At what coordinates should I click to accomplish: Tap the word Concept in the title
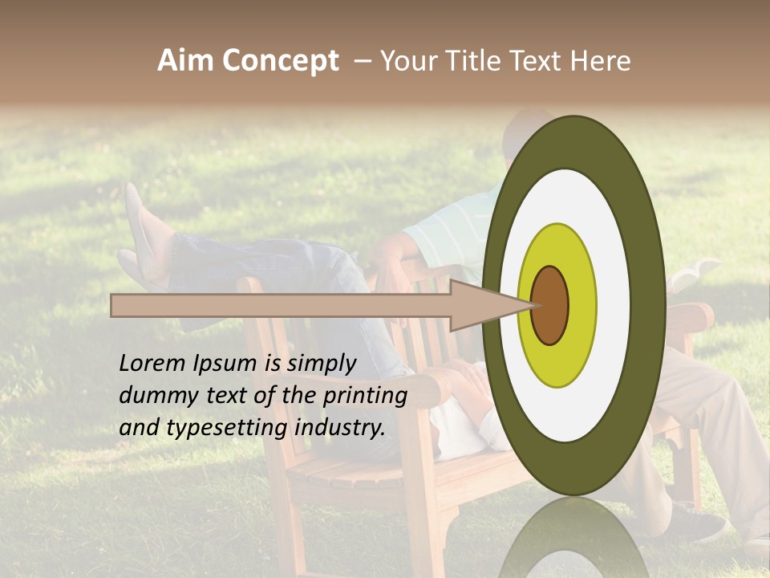(280, 62)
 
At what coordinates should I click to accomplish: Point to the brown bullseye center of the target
(549, 305)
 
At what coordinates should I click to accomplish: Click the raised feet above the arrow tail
(144, 241)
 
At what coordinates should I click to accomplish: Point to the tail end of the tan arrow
(115, 305)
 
